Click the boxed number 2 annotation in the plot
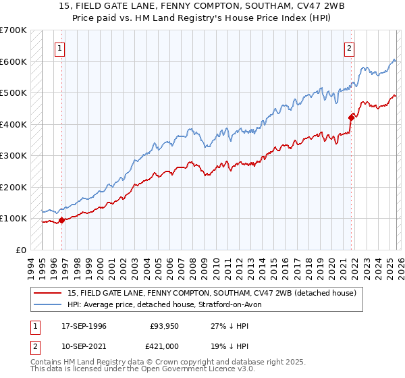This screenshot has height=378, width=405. pyautogui.click(x=350, y=48)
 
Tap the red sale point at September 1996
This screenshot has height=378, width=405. pyautogui.click(x=61, y=220)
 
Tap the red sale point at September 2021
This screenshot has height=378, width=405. pyautogui.click(x=351, y=117)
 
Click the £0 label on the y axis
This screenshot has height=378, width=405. pyautogui.click(x=21, y=250)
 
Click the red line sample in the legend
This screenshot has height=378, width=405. pyautogui.click(x=49, y=293)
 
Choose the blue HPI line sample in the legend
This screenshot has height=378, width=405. pyautogui.click(x=49, y=304)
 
